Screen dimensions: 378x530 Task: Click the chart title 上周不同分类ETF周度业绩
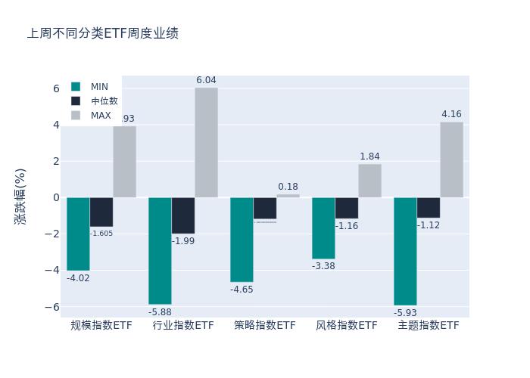(103, 34)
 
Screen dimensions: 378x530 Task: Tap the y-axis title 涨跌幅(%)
(20, 196)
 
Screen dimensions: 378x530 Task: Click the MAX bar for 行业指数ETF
(206, 142)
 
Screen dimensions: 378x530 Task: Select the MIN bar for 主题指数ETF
(405, 251)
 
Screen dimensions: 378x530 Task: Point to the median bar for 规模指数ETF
(101, 212)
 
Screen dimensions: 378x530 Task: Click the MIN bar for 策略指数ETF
(242, 240)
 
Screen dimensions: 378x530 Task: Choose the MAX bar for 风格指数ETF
(369, 181)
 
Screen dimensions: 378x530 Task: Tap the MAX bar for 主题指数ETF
(451, 160)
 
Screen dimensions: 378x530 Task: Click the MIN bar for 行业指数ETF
(160, 250)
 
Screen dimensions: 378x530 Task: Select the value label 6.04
(206, 80)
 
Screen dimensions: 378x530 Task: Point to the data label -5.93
(405, 312)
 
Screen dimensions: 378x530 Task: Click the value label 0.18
(288, 187)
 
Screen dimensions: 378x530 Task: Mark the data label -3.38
(323, 266)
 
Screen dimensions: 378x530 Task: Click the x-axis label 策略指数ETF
(265, 326)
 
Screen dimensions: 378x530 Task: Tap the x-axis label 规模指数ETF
(101, 326)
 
